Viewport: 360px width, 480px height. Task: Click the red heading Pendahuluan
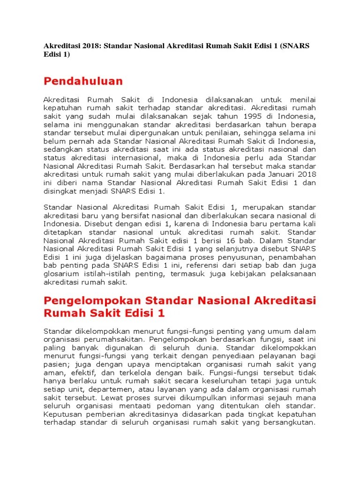(83, 81)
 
